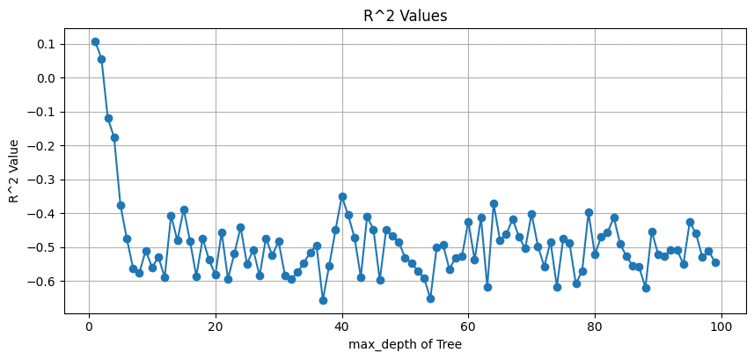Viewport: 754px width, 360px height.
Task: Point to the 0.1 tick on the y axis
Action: (45, 44)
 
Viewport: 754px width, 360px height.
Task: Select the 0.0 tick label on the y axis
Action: (45, 78)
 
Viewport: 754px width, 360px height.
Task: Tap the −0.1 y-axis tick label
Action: (41, 112)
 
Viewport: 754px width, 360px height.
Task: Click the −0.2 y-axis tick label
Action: (41, 146)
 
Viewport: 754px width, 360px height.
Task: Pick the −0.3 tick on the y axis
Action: (41, 180)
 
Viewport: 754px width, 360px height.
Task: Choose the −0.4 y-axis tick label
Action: (41, 214)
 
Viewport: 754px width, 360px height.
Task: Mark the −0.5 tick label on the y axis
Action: (41, 247)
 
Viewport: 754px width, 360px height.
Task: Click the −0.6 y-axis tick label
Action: (41, 282)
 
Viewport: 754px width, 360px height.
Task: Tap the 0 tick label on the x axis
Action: (89, 325)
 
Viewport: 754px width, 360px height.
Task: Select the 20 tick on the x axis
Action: (216, 325)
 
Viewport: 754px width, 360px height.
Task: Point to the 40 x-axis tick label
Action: (341, 325)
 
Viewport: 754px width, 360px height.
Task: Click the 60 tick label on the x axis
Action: (468, 325)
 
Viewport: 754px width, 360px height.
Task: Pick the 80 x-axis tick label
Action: (595, 325)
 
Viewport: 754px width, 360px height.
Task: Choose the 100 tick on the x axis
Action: (721, 325)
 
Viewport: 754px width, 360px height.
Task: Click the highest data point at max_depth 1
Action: (95, 41)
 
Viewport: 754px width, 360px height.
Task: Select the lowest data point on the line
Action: (323, 300)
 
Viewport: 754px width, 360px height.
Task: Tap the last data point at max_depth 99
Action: (715, 262)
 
